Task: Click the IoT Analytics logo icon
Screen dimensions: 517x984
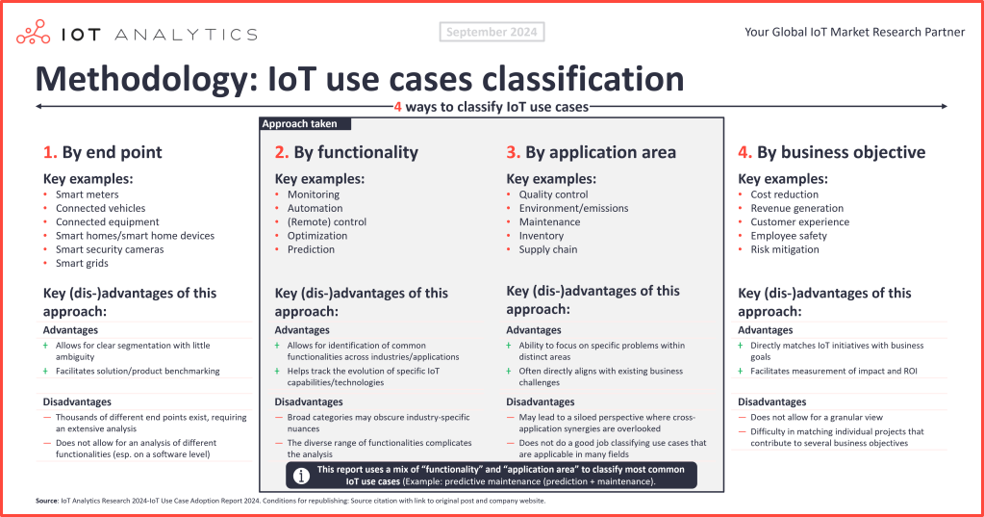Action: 35,33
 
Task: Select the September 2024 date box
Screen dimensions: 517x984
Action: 492,32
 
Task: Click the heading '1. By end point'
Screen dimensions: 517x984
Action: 103,152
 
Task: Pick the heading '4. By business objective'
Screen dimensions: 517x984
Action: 831,152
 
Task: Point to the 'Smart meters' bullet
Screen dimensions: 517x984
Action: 87,194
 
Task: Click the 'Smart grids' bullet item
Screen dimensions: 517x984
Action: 82,263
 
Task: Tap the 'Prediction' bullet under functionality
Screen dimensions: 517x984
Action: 311,249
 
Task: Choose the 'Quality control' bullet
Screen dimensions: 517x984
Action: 553,194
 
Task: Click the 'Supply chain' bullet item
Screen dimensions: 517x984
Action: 548,249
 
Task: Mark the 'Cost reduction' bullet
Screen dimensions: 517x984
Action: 784,194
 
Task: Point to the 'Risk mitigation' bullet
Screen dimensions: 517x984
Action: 785,249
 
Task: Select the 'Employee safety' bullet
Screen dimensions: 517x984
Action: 789,236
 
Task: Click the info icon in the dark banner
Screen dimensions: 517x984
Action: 301,476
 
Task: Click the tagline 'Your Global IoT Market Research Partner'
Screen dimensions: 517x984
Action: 854,32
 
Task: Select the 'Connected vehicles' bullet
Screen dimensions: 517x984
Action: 100,208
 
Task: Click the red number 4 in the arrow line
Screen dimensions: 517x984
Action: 398,107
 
